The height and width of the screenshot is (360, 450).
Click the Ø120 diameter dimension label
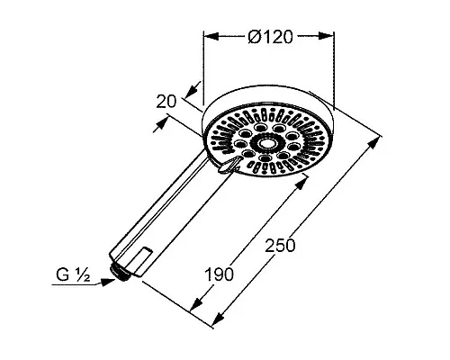coord(270,37)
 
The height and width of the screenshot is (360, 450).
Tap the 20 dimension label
coord(166,102)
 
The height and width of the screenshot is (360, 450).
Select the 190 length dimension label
coord(219,274)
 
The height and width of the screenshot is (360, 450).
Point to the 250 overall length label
coord(280,246)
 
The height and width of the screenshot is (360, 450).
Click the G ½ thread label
coord(73,274)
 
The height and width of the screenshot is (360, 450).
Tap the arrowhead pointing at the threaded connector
coord(108,282)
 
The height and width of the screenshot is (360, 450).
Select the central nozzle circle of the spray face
coord(265,144)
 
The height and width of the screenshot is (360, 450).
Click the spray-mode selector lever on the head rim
coord(229,166)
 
